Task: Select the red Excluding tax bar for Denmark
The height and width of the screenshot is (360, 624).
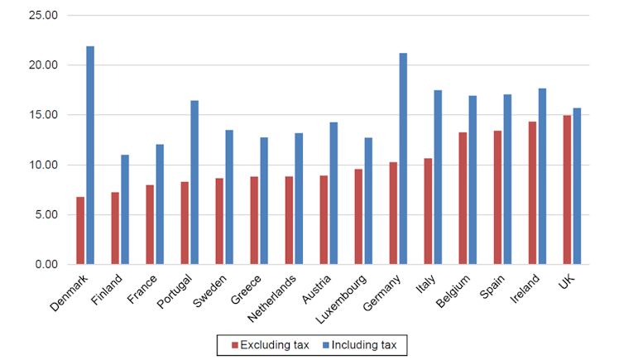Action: click(x=80, y=231)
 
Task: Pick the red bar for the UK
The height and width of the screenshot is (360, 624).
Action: click(x=567, y=190)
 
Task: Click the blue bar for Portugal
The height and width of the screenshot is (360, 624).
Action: click(x=194, y=183)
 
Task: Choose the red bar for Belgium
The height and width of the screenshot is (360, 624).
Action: click(x=463, y=199)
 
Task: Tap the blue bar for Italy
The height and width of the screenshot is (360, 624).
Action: click(x=438, y=177)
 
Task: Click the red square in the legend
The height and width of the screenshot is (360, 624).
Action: click(x=234, y=343)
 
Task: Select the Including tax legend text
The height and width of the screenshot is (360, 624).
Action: click(x=369, y=343)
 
